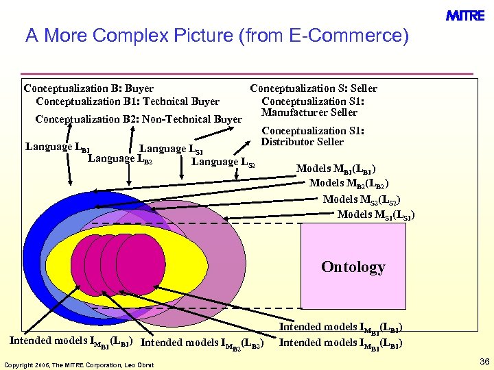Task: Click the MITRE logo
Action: pyautogui.click(x=466, y=15)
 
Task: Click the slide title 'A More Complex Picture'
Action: pyautogui.click(x=216, y=36)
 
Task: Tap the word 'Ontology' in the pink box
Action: pyautogui.click(x=353, y=267)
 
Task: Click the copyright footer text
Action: pyautogui.click(x=79, y=364)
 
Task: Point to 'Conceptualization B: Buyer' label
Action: pyautogui.click(x=89, y=88)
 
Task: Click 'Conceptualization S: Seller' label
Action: pyautogui.click(x=314, y=88)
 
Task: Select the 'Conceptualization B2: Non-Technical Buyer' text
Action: pyautogui.click(x=138, y=119)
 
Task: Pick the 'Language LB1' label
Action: pyautogui.click(x=57, y=147)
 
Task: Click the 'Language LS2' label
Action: pyautogui.click(x=223, y=162)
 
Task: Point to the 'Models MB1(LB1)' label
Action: pyautogui.click(x=336, y=169)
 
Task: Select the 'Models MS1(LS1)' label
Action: pyautogui.click(x=376, y=214)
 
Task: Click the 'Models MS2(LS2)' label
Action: pyautogui.click(x=362, y=199)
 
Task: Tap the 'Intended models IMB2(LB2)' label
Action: pyautogui.click(x=202, y=341)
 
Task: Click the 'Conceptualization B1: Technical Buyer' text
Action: pyautogui.click(x=128, y=101)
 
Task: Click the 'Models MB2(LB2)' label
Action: pyautogui.click(x=349, y=184)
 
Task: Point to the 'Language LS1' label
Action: pyautogui.click(x=171, y=149)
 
